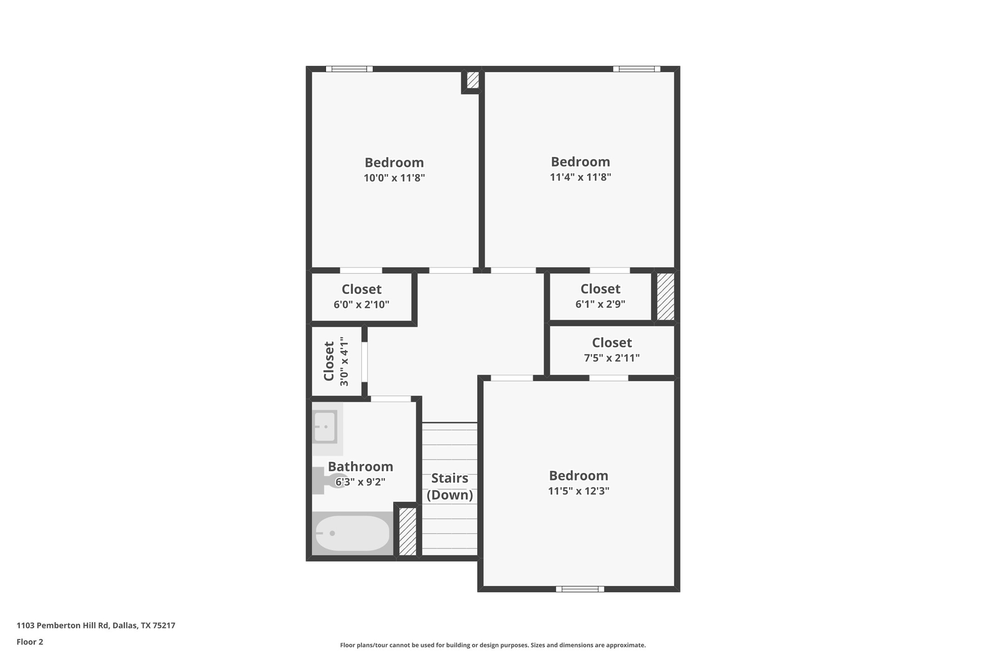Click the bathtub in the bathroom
pos(352,533)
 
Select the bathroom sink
pos(325,427)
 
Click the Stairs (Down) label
pos(449,487)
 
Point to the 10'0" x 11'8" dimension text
pos(394,178)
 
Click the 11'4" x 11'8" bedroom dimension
pos(580,177)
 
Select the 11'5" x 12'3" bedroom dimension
pos(578,491)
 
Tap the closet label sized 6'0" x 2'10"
pos(361,296)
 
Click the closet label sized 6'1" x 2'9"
pos(600,296)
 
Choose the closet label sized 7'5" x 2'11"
pos(611,349)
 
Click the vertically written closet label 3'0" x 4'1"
pos(336,361)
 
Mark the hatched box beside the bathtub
pos(407,531)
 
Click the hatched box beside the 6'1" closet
pos(666,296)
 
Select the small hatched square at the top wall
pos(473,80)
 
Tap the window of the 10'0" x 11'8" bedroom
pos(349,69)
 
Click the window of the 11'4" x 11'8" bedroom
pos(636,69)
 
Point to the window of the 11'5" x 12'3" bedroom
pos(580,589)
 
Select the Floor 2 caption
pos(30,642)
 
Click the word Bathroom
pos(360,467)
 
